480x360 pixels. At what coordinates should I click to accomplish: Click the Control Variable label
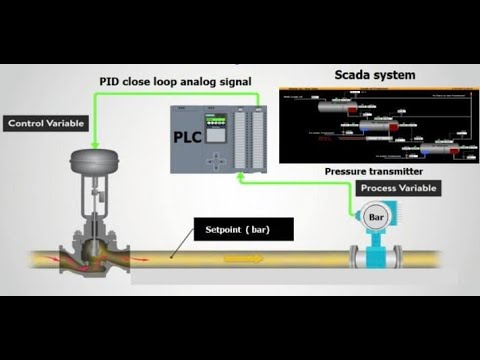coord(46,124)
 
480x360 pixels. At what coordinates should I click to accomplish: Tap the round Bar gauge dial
coord(377,217)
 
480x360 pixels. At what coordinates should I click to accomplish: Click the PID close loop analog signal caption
coord(176,80)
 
